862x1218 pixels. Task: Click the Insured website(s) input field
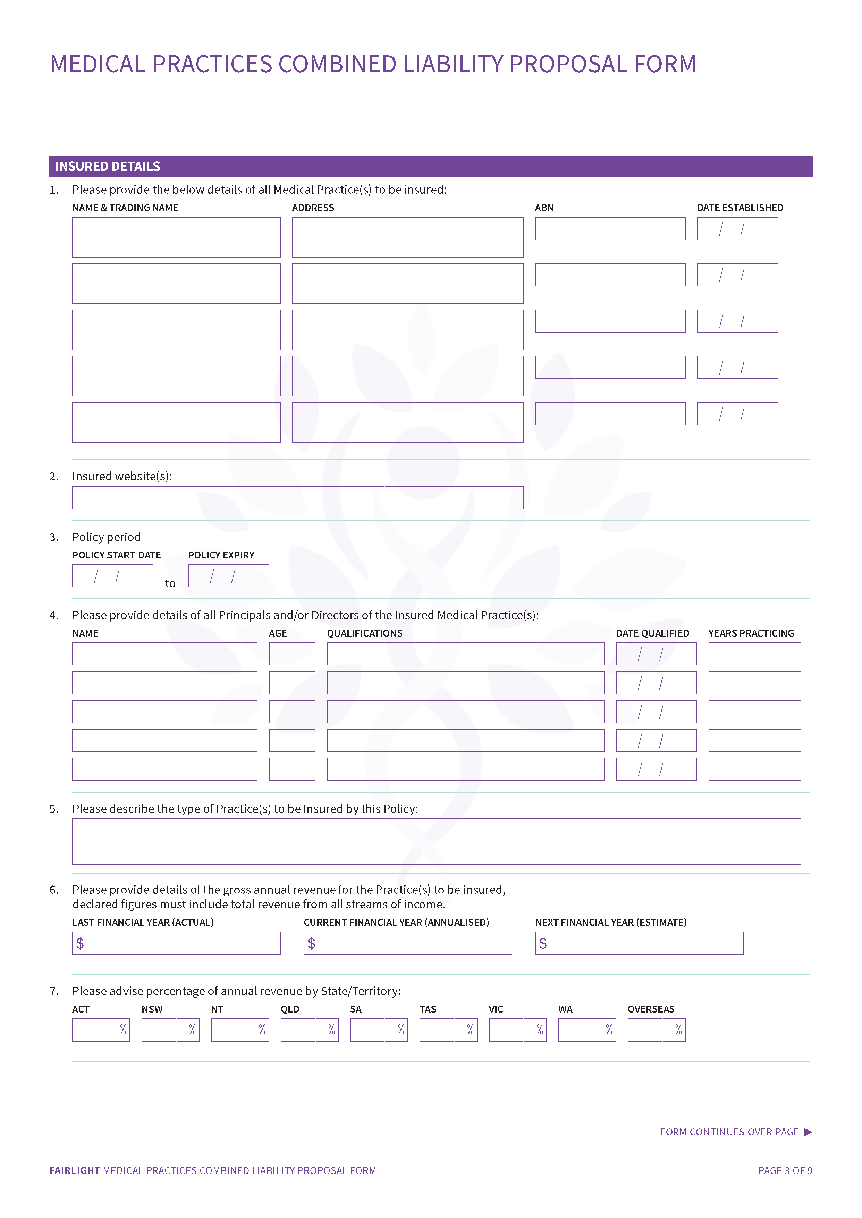click(x=297, y=497)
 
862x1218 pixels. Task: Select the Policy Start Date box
click(x=112, y=576)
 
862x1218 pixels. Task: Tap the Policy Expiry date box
click(x=228, y=576)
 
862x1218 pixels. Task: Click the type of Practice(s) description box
click(x=436, y=841)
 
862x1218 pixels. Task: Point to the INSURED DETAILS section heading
click(x=108, y=166)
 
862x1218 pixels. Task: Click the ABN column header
click(x=544, y=208)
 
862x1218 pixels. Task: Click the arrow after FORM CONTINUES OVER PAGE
click(x=808, y=1132)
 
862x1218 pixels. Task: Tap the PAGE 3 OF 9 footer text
click(x=785, y=1171)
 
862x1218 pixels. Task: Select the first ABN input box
click(x=610, y=228)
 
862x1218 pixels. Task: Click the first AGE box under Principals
click(x=292, y=654)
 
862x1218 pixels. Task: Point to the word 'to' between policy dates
click(x=170, y=583)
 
